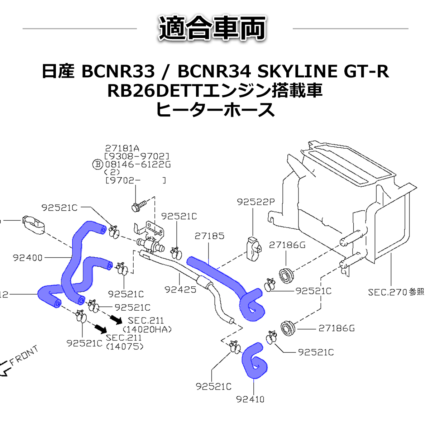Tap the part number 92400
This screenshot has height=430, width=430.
pos(28,258)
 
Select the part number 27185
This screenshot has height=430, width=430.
pos(210,236)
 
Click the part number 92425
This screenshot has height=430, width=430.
pos(181,289)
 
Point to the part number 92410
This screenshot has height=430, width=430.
pos(250,399)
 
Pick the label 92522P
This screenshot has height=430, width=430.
pos(255,202)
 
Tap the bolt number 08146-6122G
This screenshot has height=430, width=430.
pos(138,164)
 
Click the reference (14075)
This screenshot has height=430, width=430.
pos(125,347)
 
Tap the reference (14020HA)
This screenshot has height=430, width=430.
pos(147,329)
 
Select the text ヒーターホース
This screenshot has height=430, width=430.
pos(215,110)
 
